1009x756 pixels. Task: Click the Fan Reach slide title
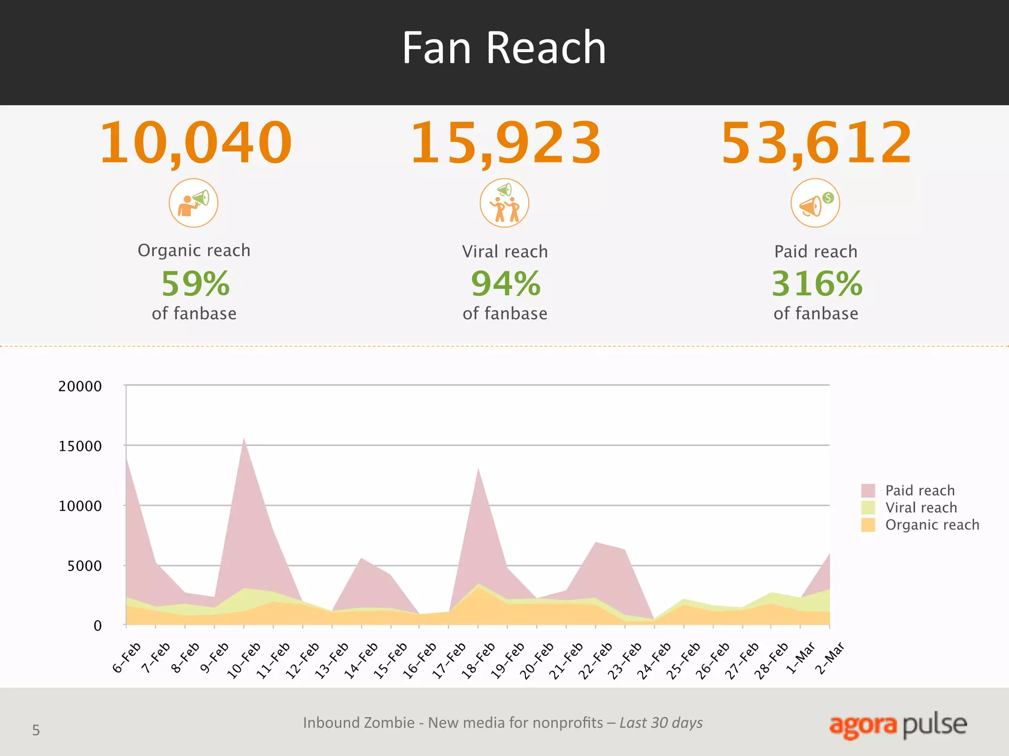[504, 48]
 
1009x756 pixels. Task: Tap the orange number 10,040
[196, 143]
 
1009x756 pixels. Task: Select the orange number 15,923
[505, 143]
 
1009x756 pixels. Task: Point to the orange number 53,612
[816, 143]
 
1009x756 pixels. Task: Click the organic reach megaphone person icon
[194, 203]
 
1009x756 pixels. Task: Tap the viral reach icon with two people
[504, 203]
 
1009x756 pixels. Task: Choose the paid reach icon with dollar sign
[815, 203]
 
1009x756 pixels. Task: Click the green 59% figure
[196, 284]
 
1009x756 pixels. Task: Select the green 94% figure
[505, 284]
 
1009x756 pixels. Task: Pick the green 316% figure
[816, 284]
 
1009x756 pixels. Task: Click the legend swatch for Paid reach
[868, 490]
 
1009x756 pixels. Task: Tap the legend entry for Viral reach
[920, 507]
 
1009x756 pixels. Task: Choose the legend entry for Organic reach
[932, 525]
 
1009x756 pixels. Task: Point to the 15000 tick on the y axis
[80, 446]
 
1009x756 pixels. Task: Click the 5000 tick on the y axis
[84, 566]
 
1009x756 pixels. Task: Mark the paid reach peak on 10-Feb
[244, 439]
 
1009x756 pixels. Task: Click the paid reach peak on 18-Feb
[478, 470]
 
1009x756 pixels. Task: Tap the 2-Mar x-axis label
[830, 658]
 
